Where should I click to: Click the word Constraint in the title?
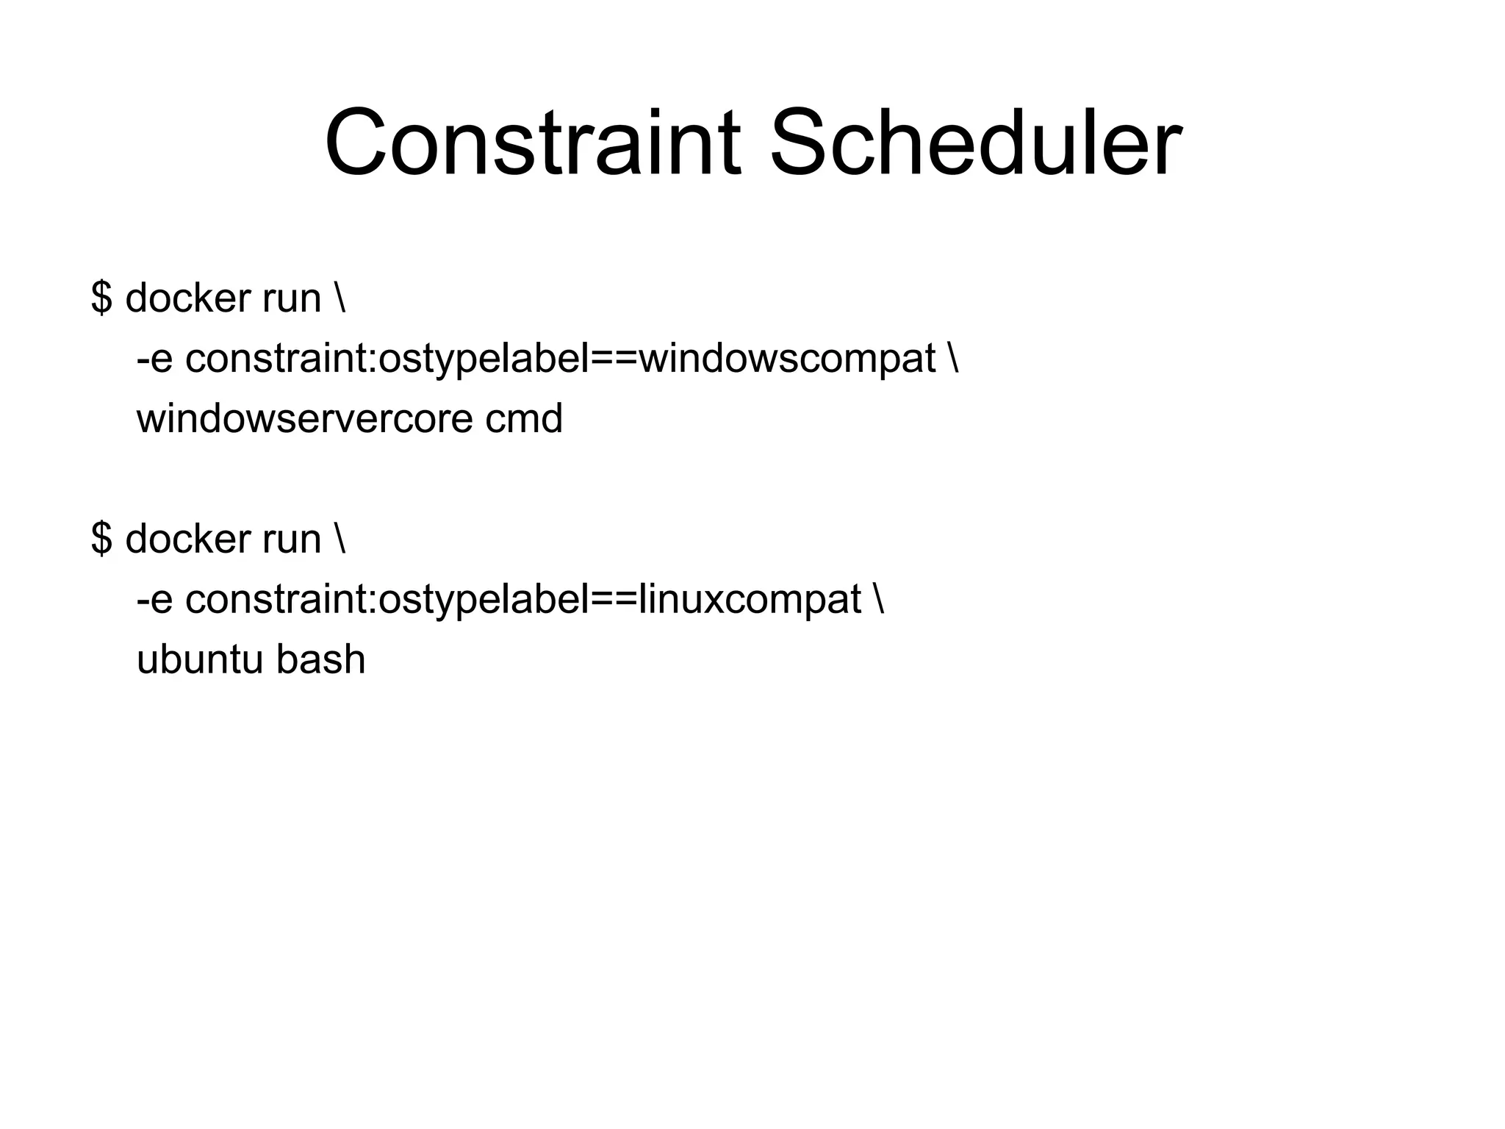[x=532, y=143]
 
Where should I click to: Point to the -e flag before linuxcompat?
[x=154, y=601]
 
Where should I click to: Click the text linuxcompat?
[x=750, y=601]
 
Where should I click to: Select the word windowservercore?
[x=303, y=419]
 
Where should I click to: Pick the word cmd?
[x=524, y=419]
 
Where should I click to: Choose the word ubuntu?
[x=199, y=660]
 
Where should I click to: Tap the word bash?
[x=321, y=660]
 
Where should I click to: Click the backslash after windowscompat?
[x=954, y=359]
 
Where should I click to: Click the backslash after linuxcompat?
[x=880, y=600]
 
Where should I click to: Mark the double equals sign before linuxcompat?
[x=615, y=601]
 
